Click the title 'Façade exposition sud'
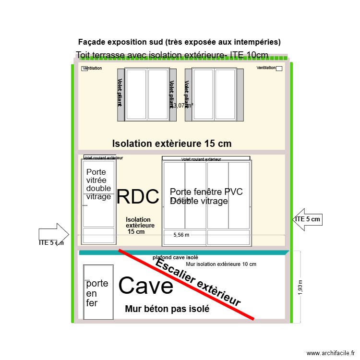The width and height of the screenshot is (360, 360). coord(179,42)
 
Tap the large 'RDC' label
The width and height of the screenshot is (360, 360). coord(138,197)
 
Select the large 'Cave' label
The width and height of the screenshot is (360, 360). coord(145,286)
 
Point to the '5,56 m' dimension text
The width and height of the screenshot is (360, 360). coord(181,235)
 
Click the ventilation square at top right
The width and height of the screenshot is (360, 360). coord(279,69)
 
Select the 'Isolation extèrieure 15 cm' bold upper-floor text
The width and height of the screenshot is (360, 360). coord(171,144)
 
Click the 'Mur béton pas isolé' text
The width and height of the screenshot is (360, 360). coord(167,309)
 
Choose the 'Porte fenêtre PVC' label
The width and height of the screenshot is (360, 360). coord(206,192)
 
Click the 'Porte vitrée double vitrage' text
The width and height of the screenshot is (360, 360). coord(98,184)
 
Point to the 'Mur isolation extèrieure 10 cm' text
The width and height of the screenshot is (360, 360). coord(220,264)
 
